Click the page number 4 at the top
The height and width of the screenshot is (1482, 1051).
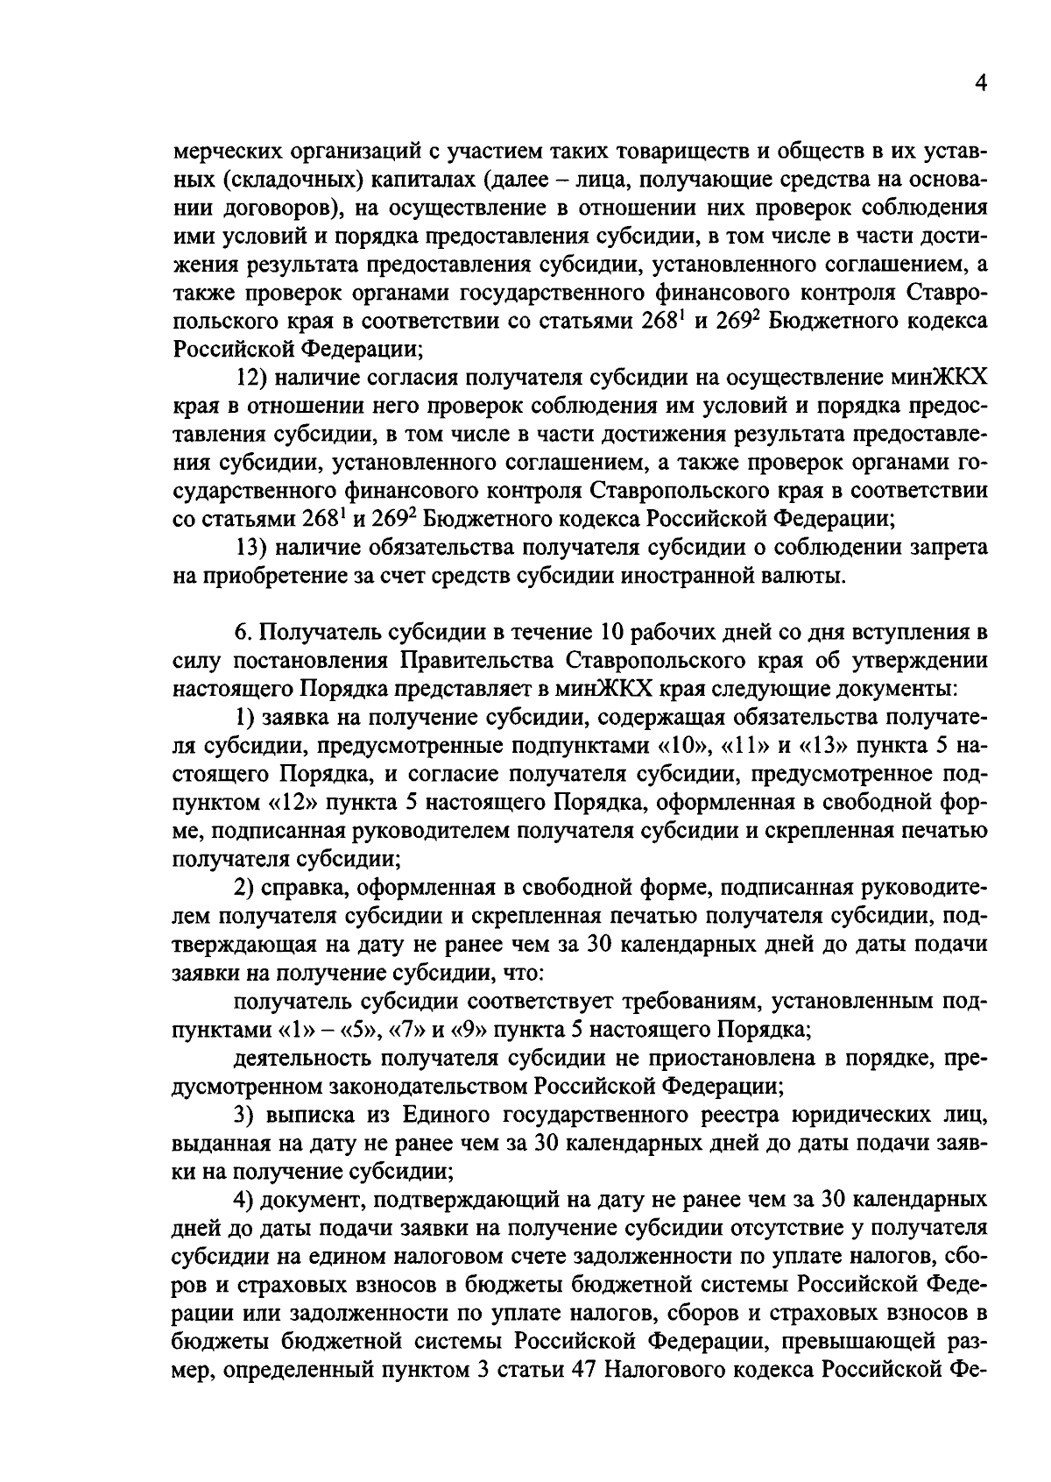click(980, 84)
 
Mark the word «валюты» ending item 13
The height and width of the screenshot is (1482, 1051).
click(811, 576)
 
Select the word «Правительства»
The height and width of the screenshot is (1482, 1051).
click(477, 660)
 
